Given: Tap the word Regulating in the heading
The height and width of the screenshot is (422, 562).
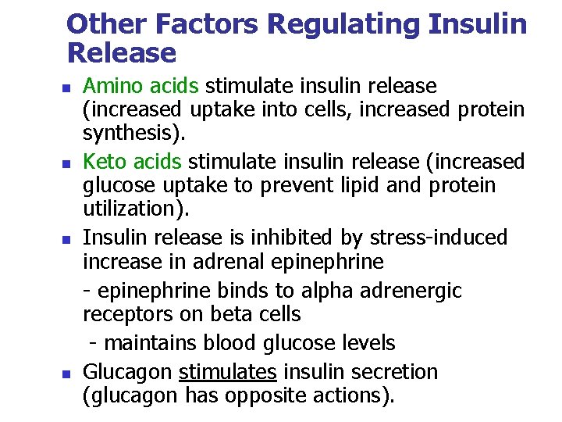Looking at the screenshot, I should [x=341, y=24].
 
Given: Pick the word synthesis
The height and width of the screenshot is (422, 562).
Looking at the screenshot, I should [x=132, y=134].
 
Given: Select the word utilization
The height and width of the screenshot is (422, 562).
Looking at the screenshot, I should [x=132, y=209].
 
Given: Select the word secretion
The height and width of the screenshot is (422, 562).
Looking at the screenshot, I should [x=397, y=371].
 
